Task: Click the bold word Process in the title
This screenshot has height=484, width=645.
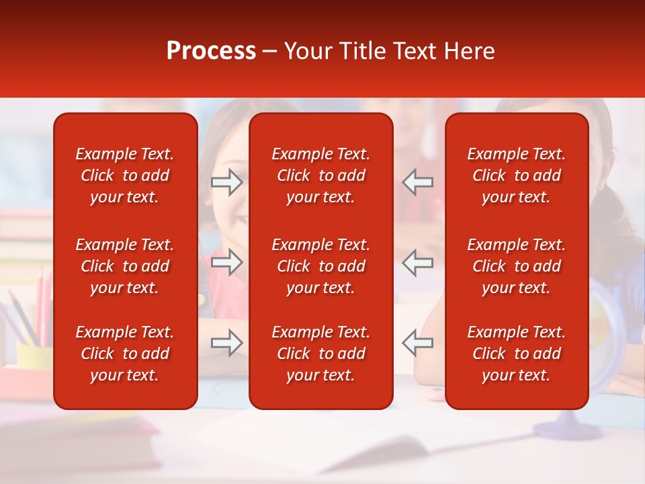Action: click(x=211, y=51)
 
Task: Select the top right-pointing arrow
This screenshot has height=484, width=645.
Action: click(x=226, y=182)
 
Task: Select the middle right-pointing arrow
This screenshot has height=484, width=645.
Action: click(x=226, y=262)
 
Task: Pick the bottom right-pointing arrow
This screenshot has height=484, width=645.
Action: click(x=226, y=343)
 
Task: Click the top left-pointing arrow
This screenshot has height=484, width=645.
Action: click(x=417, y=182)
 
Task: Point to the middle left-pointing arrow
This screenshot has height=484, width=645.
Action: click(x=417, y=262)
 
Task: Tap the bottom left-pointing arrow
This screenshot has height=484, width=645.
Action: click(x=417, y=343)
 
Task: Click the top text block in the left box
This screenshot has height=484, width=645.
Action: click(x=125, y=175)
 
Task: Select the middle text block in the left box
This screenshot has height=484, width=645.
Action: click(x=125, y=266)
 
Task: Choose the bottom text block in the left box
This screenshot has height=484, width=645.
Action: click(x=125, y=354)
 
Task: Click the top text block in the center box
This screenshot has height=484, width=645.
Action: click(x=320, y=175)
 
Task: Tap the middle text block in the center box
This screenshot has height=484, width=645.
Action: click(x=320, y=266)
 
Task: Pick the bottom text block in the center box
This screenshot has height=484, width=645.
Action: click(x=320, y=354)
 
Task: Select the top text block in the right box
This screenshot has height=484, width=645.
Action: click(x=516, y=175)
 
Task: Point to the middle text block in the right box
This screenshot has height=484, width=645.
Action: click(x=516, y=266)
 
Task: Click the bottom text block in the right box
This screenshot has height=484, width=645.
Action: click(x=516, y=354)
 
